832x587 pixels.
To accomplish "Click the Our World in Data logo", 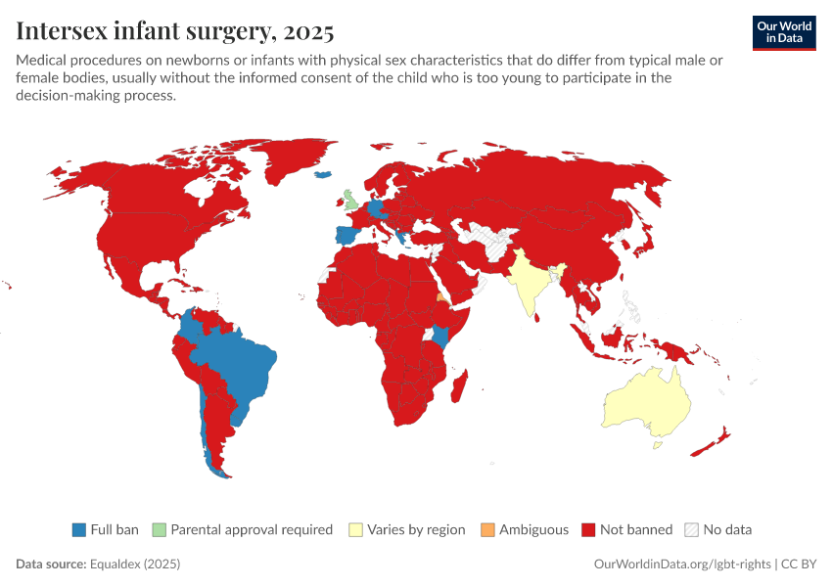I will (783, 32).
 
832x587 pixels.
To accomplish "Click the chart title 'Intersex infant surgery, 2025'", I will (175, 31).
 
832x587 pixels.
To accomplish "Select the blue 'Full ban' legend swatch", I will (79, 529).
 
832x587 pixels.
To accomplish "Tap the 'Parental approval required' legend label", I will (252, 529).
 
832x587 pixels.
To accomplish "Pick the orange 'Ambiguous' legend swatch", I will (487, 529).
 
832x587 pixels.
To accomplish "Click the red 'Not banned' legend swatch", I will (589, 529).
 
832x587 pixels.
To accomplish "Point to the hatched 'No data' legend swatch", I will (691, 529).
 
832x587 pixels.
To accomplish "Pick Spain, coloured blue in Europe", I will (343, 237).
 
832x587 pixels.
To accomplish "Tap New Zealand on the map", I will (709, 443).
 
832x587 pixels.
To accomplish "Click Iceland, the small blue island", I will (323, 176).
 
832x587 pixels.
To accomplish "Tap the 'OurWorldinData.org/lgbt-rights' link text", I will (683, 564).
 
